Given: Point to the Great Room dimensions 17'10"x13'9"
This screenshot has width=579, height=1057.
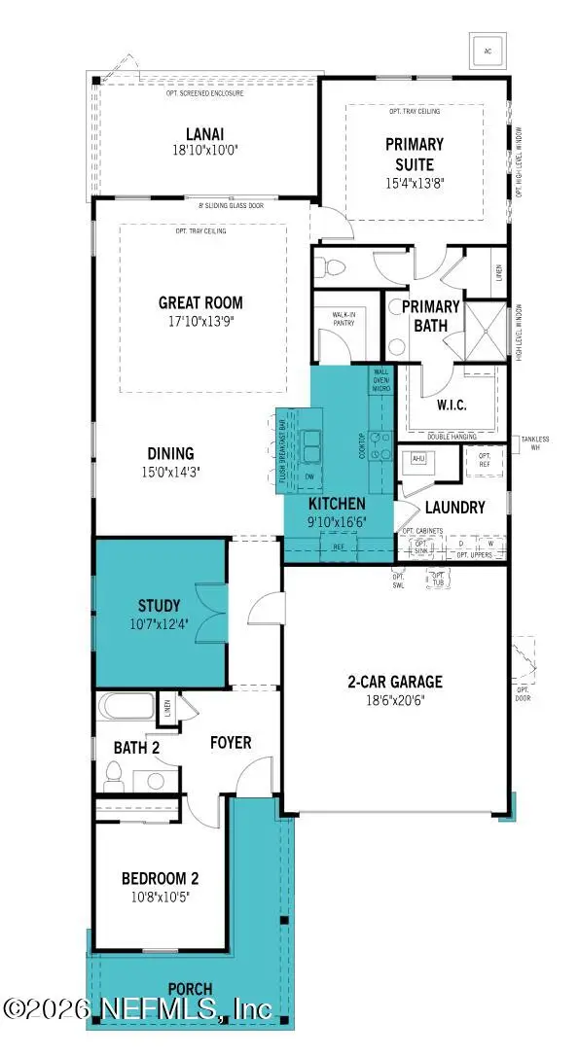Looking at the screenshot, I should point(201,320).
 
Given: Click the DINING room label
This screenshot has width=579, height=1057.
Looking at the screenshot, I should point(171,453).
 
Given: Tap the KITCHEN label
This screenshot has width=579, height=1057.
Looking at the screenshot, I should point(337,504).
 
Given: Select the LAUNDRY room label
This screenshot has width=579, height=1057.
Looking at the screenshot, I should point(454,507).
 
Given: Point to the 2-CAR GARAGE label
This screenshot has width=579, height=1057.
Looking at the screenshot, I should point(395,681).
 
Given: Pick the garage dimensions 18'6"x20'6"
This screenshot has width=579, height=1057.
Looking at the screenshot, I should point(395,698).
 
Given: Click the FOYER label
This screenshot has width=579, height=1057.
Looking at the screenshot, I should point(232,743).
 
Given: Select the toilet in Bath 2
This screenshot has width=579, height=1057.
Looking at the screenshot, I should point(113,775).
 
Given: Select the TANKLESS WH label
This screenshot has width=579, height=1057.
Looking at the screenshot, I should point(535,442).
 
